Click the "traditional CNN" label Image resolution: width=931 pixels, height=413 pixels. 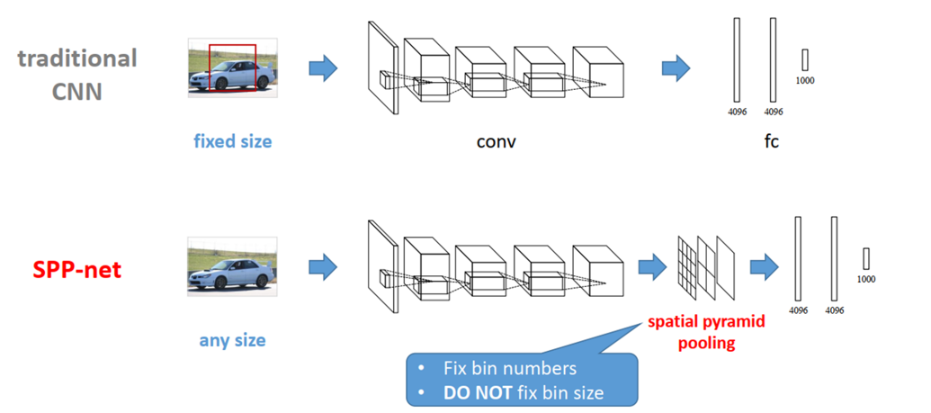point(77,75)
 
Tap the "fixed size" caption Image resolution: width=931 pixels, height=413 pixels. point(232,141)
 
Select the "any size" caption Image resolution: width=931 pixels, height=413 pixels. point(232,341)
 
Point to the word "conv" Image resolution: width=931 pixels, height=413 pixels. point(496,142)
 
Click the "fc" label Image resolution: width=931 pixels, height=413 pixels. point(771,142)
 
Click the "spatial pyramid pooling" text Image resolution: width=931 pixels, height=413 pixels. point(692,332)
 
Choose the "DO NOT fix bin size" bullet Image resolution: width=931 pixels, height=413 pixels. point(524,392)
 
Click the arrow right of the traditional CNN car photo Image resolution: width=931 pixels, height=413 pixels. point(322,67)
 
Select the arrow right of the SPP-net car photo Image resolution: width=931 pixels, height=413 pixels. point(322,265)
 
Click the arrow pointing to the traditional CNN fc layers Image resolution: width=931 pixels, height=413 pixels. point(676,67)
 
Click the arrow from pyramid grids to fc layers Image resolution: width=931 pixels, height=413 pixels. point(764,265)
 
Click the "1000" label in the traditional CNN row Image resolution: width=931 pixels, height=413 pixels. point(806,80)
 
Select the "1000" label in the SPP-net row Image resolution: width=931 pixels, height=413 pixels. point(866,279)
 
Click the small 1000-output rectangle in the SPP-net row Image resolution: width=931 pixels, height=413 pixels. point(866,258)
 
